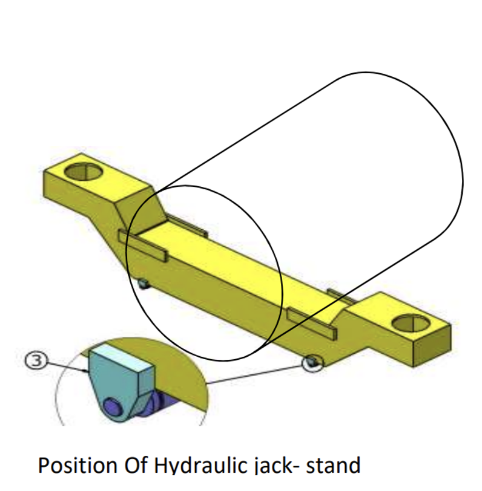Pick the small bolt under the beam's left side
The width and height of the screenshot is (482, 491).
[x=143, y=284]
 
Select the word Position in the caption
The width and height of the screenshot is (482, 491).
[x=76, y=467]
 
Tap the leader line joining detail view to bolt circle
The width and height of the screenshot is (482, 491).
[x=254, y=373]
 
